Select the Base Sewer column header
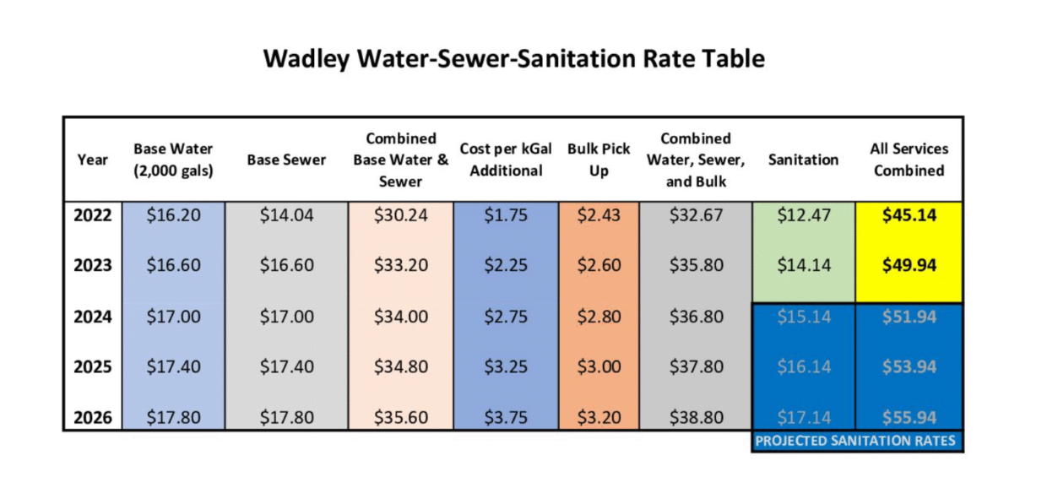pyautogui.click(x=286, y=160)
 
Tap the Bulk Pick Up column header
pyautogui.click(x=599, y=160)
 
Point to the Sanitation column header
pyautogui.click(x=803, y=160)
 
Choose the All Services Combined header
pyautogui.click(x=909, y=160)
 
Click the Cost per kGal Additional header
pyautogui.click(x=506, y=160)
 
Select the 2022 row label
pyautogui.click(x=93, y=215)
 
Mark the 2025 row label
pyautogui.click(x=93, y=367)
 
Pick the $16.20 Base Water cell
pyautogui.click(x=173, y=215)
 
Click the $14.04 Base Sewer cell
pyautogui.click(x=286, y=215)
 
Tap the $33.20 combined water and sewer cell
pyautogui.click(x=400, y=265)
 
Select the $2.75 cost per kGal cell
pyautogui.click(x=506, y=317)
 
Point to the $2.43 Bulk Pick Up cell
pyautogui.click(x=599, y=215)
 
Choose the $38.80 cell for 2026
pyautogui.click(x=696, y=417)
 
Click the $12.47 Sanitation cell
pyautogui.click(x=803, y=215)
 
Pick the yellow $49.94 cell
pyautogui.click(x=909, y=265)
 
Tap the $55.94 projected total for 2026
pyautogui.click(x=909, y=417)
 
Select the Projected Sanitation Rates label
pyautogui.click(x=855, y=441)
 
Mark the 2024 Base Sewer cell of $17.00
pyautogui.click(x=286, y=317)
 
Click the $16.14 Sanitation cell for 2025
pyautogui.click(x=803, y=367)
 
